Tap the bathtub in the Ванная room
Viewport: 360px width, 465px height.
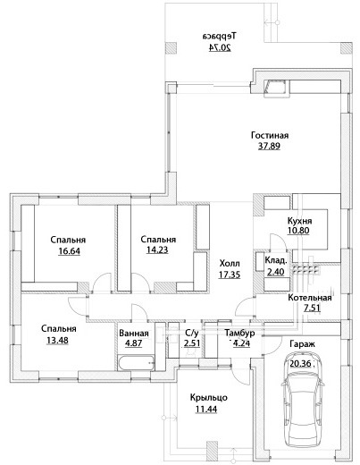coord(136,363)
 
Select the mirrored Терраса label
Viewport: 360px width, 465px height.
coord(220,36)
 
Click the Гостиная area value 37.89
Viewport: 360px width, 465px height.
coord(269,147)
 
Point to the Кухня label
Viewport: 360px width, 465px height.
coord(299,221)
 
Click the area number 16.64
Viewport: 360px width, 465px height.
coord(69,251)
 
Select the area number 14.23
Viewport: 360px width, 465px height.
coord(157,249)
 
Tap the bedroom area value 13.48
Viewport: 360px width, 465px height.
coord(57,340)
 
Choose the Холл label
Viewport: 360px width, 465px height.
coord(230,264)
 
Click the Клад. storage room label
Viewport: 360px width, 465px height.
coord(276,260)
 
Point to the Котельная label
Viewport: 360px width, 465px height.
coord(310,298)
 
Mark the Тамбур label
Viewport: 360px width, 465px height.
coord(239,333)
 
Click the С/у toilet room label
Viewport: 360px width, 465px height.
coord(192,333)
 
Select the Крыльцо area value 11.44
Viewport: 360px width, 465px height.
coord(206,410)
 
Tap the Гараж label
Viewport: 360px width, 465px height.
coord(302,344)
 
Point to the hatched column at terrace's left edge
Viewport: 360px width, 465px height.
coord(171,48)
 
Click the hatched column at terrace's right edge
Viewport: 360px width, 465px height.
coord(347,48)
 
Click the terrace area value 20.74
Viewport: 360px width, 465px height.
coord(220,48)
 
